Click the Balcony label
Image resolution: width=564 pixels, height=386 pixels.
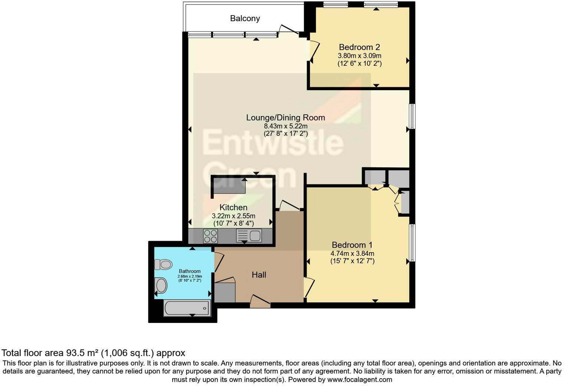point(245,18)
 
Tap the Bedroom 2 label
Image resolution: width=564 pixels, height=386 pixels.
point(359,47)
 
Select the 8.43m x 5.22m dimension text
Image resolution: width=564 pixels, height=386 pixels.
point(286,126)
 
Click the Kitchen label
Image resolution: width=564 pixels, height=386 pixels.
point(233,207)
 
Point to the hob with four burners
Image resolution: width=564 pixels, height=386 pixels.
point(210,236)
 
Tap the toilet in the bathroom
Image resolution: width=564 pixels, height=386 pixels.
point(164,265)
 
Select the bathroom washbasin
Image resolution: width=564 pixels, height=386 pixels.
point(161,285)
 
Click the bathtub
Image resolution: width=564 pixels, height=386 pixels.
point(187,308)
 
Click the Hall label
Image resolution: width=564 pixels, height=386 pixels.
point(259,275)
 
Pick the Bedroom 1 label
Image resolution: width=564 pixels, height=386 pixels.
point(352,245)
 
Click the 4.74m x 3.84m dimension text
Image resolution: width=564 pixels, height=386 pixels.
point(352,253)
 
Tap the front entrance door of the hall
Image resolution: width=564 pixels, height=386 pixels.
point(260,301)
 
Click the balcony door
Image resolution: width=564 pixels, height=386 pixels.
point(289,30)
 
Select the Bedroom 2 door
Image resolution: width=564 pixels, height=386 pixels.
point(314,52)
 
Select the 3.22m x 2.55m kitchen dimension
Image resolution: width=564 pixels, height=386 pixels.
point(233,216)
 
